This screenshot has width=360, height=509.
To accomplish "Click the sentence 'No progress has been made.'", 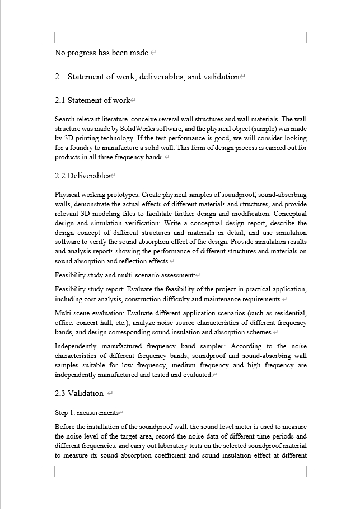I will point(102,53).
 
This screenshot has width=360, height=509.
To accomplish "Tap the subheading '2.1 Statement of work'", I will point(92,101).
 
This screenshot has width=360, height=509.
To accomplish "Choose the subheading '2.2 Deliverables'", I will point(82,176).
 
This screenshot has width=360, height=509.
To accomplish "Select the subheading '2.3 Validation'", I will point(79,394).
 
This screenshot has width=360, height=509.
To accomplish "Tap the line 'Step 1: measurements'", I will point(87,413).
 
